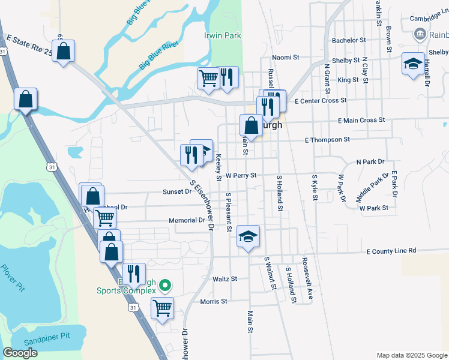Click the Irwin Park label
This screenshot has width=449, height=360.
pyautogui.click(x=222, y=35)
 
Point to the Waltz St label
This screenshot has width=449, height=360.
pyautogui.click(x=225, y=279)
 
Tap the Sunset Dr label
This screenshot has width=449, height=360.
pyautogui.click(x=176, y=192)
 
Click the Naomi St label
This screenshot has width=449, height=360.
pyautogui.click(x=285, y=58)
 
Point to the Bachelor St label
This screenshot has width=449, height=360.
pyautogui.click(x=349, y=40)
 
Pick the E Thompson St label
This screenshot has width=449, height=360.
pyautogui.click(x=327, y=140)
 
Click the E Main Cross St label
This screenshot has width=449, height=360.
pyautogui.click(x=361, y=121)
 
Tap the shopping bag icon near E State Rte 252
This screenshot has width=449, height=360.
pyautogui.click(x=65, y=50)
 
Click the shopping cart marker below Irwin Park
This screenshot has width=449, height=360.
pyautogui.click(x=208, y=77)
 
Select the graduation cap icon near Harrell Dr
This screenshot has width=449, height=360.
pyautogui.click(x=412, y=64)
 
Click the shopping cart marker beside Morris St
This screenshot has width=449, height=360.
pyautogui.click(x=162, y=308)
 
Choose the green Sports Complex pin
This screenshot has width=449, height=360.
pyautogui.click(x=168, y=286)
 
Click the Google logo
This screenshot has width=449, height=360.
pyautogui.click(x=20, y=353)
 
